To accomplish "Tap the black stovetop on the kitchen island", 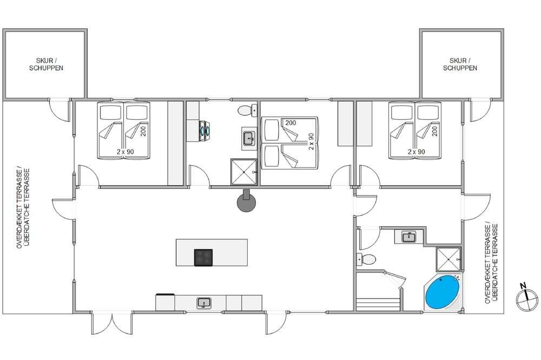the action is pyautogui.click(x=203, y=258).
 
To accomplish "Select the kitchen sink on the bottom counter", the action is pyautogui.click(x=204, y=303).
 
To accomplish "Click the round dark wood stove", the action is pyautogui.click(x=246, y=201).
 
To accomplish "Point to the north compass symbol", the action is pyautogui.click(x=527, y=297).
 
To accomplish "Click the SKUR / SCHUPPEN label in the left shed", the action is pyautogui.click(x=46, y=64).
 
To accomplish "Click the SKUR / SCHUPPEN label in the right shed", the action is pyautogui.click(x=460, y=64).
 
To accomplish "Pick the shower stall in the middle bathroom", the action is pyautogui.click(x=243, y=172).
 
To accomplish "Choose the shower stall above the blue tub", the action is pyautogui.click(x=448, y=259).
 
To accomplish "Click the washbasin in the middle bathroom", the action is pyautogui.click(x=249, y=139).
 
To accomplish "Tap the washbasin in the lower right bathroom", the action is pyautogui.click(x=409, y=237).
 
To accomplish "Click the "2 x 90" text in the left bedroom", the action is pyautogui.click(x=126, y=152).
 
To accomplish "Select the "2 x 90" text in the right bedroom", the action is pyautogui.click(x=417, y=152).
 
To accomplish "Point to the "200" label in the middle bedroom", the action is pyautogui.click(x=291, y=122).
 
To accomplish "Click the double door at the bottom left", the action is pyautogui.click(x=112, y=323).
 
